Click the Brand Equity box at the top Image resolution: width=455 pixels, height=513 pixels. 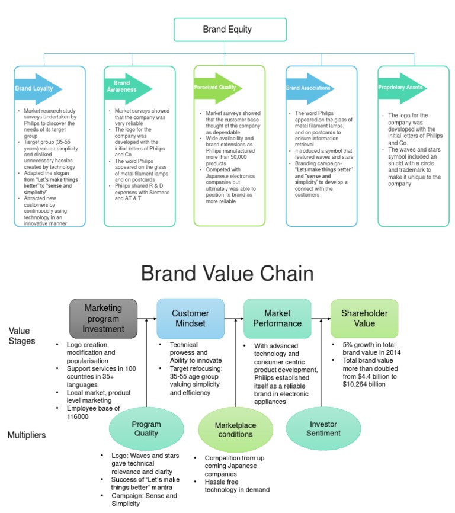(229, 29)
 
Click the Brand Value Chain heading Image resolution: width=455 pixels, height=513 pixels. (227, 274)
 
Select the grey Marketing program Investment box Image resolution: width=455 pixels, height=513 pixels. (103, 318)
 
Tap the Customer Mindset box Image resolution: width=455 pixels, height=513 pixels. (190, 318)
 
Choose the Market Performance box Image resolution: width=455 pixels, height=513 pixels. (277, 318)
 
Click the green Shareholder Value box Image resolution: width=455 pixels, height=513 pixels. (364, 318)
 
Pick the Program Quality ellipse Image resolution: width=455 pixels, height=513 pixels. (146, 429)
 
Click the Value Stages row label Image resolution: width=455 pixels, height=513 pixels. (22, 336)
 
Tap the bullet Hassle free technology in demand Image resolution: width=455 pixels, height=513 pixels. (236, 485)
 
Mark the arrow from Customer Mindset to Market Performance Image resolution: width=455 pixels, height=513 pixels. (234, 319)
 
